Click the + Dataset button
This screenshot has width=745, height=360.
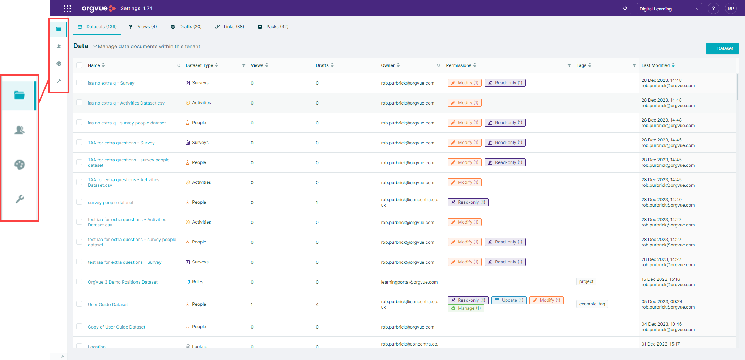point(722,48)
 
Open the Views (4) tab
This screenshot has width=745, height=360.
point(143,27)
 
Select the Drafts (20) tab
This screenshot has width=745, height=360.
point(186,27)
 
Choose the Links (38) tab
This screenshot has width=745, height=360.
point(230,27)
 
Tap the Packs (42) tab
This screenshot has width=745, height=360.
point(273,27)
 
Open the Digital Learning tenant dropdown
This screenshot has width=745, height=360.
point(669,9)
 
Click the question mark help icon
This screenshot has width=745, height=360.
point(714,9)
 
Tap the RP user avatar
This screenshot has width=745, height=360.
point(731,9)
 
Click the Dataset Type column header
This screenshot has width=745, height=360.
point(199,65)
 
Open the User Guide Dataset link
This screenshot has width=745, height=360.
point(108,305)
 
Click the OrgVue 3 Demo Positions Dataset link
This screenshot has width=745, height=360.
point(123,282)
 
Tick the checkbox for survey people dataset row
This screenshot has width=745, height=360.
point(79,202)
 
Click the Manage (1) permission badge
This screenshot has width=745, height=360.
point(466,308)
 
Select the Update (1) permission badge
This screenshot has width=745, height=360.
point(509,300)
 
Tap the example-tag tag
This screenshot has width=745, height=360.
point(592,304)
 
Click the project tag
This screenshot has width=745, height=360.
point(586,281)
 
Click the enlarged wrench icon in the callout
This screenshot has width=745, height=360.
point(20,199)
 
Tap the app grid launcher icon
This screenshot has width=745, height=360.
point(67,9)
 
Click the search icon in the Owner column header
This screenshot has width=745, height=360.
point(439,65)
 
